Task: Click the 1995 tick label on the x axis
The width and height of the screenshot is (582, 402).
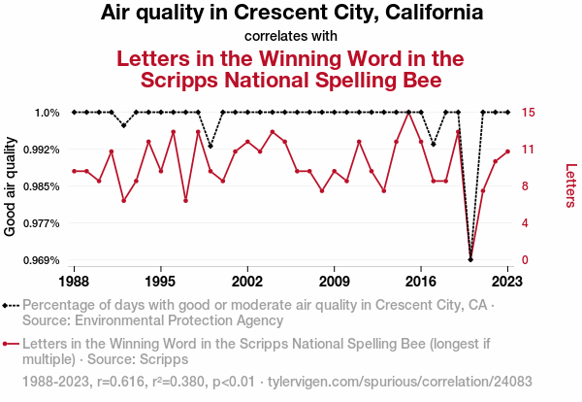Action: click(161, 280)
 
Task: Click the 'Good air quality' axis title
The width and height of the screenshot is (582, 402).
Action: click(12, 185)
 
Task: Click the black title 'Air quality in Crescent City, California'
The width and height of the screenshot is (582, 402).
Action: click(292, 15)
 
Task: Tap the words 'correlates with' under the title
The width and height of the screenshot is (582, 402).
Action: click(291, 37)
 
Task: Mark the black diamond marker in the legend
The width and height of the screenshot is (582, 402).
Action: click(8, 305)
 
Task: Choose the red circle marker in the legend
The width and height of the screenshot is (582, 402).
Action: click(8, 344)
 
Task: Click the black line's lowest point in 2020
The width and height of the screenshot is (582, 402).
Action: click(470, 259)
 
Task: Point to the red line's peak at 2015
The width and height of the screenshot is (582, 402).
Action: click(408, 113)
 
